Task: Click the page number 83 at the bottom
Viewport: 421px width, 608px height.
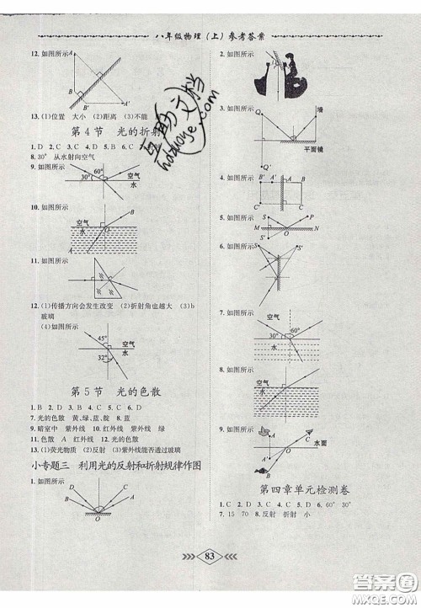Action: (x=210, y=578)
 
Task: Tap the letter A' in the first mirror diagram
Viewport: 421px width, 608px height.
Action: (x=127, y=104)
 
